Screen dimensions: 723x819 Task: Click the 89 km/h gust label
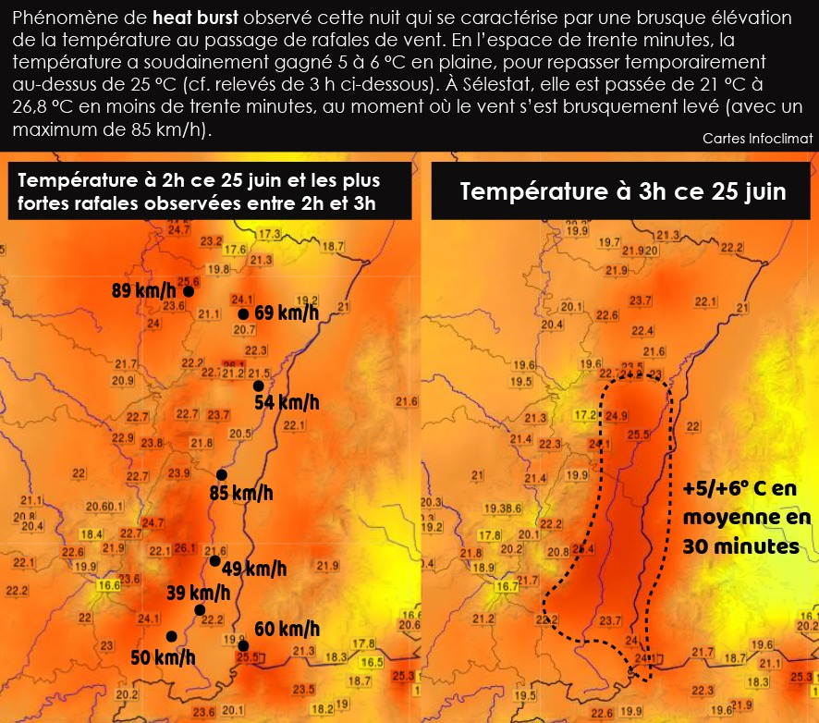click(142, 290)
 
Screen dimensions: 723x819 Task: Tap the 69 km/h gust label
click(287, 312)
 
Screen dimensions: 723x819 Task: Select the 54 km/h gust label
click(286, 402)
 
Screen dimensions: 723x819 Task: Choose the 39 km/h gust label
click(198, 592)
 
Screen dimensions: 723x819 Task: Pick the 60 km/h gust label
click(287, 630)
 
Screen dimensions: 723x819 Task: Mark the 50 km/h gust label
click(163, 657)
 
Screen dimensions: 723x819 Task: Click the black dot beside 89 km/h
click(189, 291)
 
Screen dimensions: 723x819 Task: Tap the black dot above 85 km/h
click(221, 475)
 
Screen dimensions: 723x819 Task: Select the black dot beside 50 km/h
click(171, 636)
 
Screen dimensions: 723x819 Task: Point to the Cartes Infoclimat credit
click(757, 138)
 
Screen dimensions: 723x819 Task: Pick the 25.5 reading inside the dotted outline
click(638, 435)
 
